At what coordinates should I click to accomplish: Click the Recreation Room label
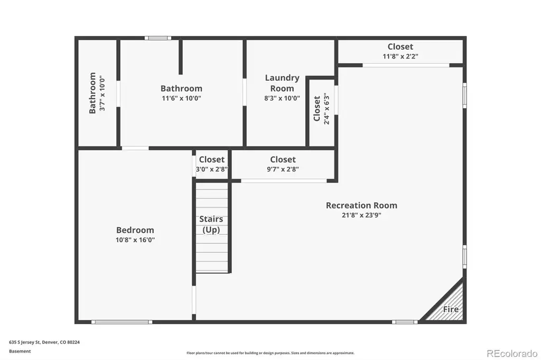click(x=361, y=205)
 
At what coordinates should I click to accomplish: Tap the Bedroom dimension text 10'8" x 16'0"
click(x=135, y=240)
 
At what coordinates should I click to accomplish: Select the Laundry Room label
click(x=282, y=83)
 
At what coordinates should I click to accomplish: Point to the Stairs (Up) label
click(x=211, y=224)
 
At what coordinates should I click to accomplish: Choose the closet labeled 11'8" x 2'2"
click(x=400, y=52)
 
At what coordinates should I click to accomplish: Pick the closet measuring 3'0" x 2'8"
click(x=211, y=164)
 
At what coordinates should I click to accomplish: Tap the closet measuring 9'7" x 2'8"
click(x=283, y=164)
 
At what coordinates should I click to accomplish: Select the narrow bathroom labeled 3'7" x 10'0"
click(x=97, y=93)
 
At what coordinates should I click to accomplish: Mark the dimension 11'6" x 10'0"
click(x=182, y=98)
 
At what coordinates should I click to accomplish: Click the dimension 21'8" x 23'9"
click(x=361, y=215)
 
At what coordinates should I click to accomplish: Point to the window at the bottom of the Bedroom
click(x=122, y=322)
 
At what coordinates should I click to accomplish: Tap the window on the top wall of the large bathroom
click(x=157, y=38)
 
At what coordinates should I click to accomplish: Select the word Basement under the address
click(x=20, y=352)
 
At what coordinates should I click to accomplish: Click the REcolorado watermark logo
click(x=512, y=354)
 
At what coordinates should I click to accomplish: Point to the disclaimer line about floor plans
click(x=270, y=353)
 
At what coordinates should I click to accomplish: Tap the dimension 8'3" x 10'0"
click(x=282, y=98)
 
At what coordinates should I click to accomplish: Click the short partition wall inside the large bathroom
click(x=181, y=57)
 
